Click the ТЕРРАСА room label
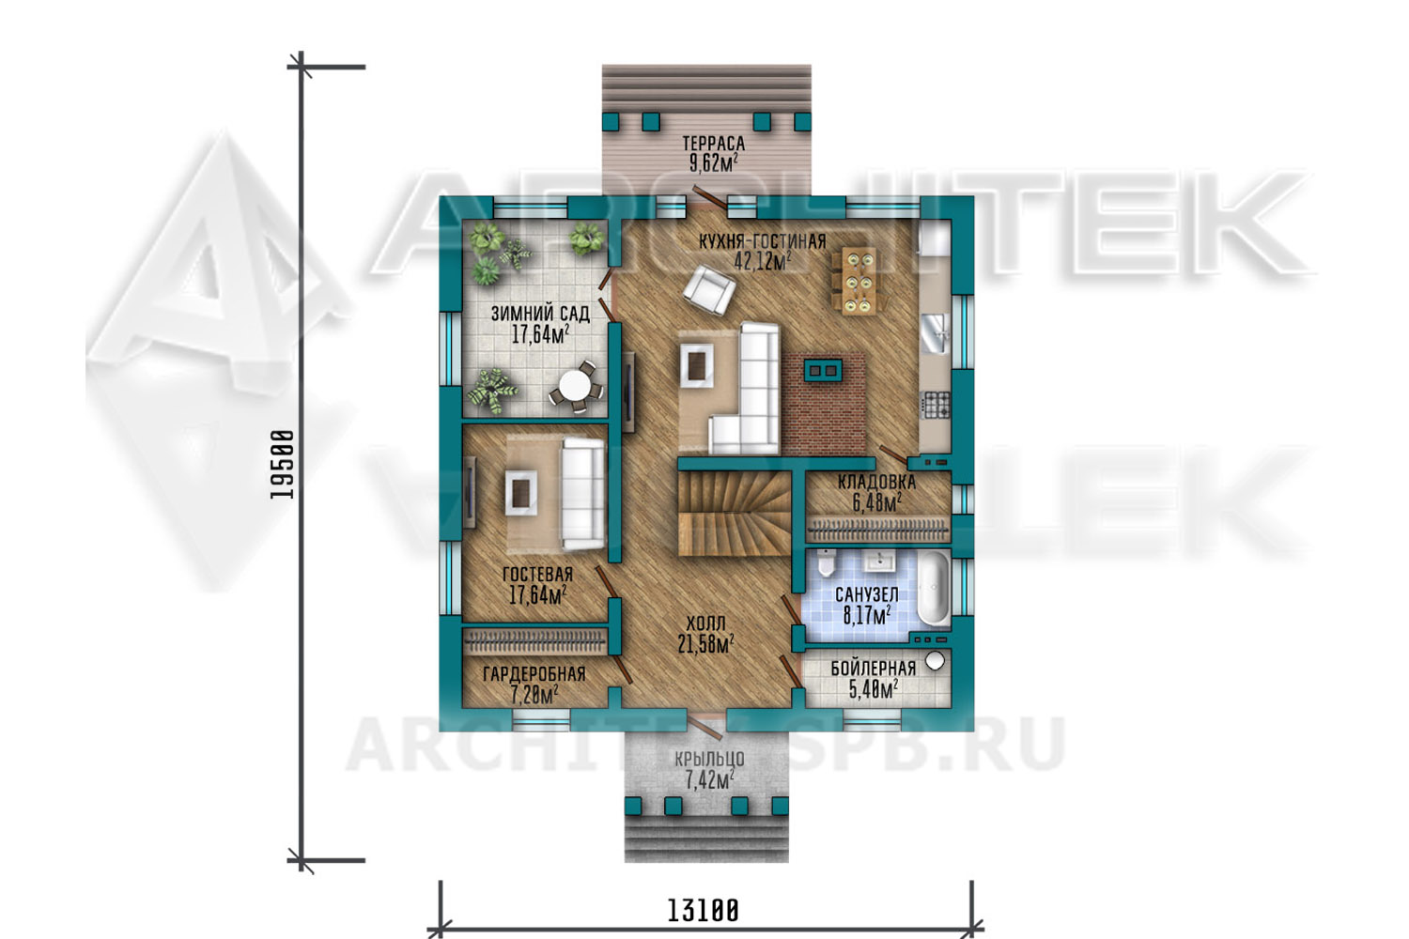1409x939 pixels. click(x=713, y=144)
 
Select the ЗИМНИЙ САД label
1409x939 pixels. click(x=540, y=314)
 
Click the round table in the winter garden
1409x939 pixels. click(x=576, y=386)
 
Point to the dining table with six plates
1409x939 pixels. click(x=859, y=281)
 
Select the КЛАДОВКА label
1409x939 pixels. click(x=876, y=483)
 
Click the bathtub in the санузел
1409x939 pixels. click(x=933, y=588)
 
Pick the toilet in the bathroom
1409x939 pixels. click(x=826, y=562)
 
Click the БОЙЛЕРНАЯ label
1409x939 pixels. click(x=873, y=669)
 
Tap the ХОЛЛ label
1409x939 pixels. click(x=705, y=623)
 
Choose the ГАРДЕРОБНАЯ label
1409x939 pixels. click(x=534, y=674)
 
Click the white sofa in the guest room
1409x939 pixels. click(x=583, y=493)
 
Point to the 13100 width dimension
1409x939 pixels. click(x=703, y=911)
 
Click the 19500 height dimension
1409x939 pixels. click(x=282, y=464)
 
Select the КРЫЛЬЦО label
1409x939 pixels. click(x=709, y=759)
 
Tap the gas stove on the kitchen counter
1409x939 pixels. click(x=936, y=406)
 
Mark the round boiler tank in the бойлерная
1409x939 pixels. click(x=936, y=661)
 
